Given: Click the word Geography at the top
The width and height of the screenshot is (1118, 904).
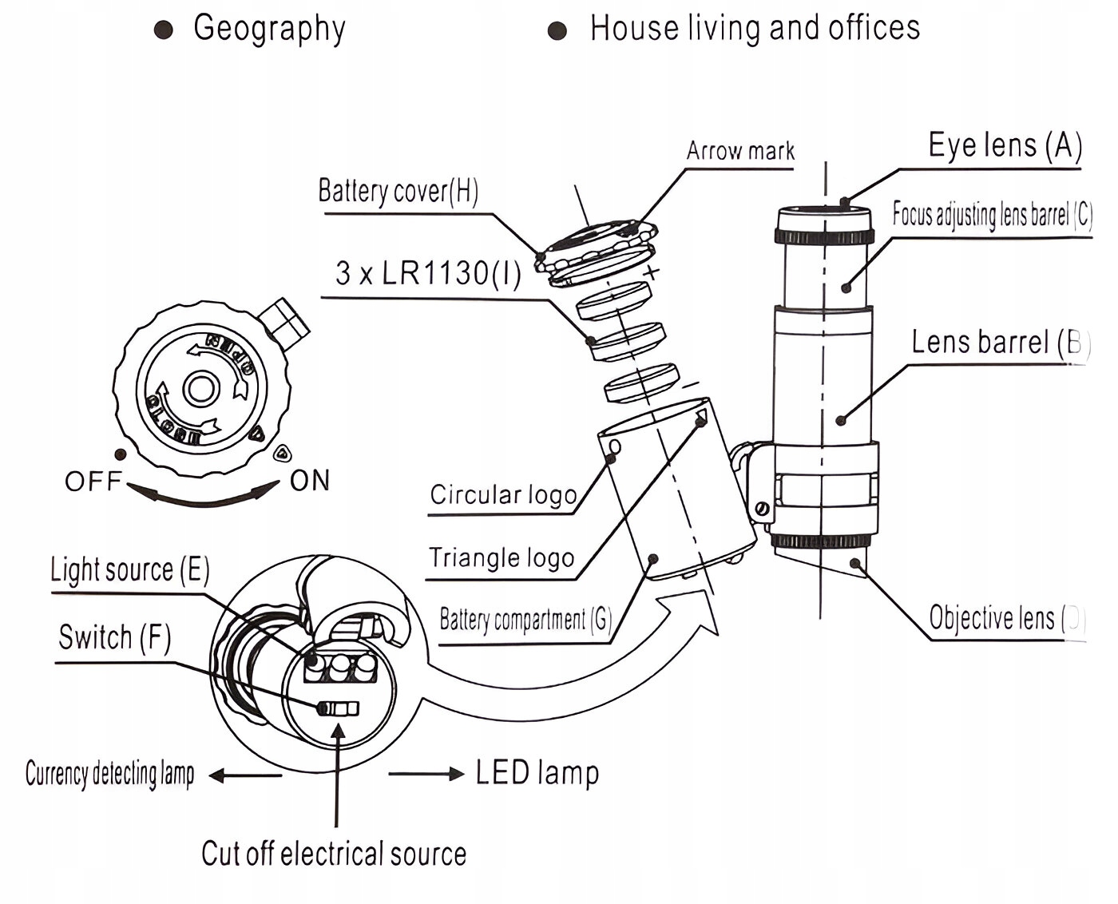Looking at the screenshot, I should pyautogui.click(x=269, y=29).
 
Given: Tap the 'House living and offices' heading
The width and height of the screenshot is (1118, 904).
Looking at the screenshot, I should pyautogui.click(x=755, y=28).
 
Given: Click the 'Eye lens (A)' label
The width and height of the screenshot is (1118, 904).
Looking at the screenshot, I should pyautogui.click(x=1005, y=145).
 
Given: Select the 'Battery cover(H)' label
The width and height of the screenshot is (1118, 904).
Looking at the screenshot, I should pyautogui.click(x=398, y=191).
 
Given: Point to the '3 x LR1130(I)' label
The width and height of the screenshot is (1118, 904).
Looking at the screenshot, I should pyautogui.click(x=428, y=273).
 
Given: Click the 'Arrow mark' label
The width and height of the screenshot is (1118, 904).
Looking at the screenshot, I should pyautogui.click(x=740, y=151).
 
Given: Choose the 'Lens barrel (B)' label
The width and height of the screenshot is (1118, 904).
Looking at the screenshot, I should pyautogui.click(x=1000, y=343).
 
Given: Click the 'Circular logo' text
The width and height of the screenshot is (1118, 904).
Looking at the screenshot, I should pyautogui.click(x=503, y=495).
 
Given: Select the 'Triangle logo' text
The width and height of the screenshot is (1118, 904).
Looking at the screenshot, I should pyautogui.click(x=502, y=557).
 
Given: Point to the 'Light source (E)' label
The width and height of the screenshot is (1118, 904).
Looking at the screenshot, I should pyautogui.click(x=130, y=570).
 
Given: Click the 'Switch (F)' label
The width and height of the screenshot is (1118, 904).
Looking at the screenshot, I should pyautogui.click(x=115, y=637).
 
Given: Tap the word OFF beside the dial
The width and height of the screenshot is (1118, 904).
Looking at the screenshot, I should pyautogui.click(x=93, y=482).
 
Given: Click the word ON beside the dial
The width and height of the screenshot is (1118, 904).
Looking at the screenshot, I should pyautogui.click(x=310, y=481).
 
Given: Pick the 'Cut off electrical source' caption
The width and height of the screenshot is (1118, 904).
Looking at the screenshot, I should pyautogui.click(x=334, y=854).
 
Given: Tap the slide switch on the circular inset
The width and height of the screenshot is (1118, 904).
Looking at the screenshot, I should pyautogui.click(x=338, y=708).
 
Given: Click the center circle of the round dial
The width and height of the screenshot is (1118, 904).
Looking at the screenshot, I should pyautogui.click(x=199, y=389).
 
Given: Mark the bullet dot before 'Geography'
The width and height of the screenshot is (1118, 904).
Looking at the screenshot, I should pyautogui.click(x=164, y=30).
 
